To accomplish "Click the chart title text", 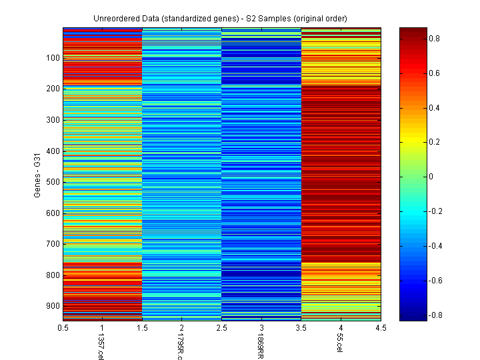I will pyautogui.click(x=221, y=17).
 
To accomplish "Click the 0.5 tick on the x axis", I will pyautogui.click(x=63, y=328).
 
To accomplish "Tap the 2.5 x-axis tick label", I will pyautogui.click(x=222, y=328).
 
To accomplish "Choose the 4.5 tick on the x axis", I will pyautogui.click(x=381, y=328).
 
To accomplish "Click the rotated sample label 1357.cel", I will pyautogui.click(x=101, y=345).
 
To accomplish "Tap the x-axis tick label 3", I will pyautogui.click(x=262, y=328).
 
